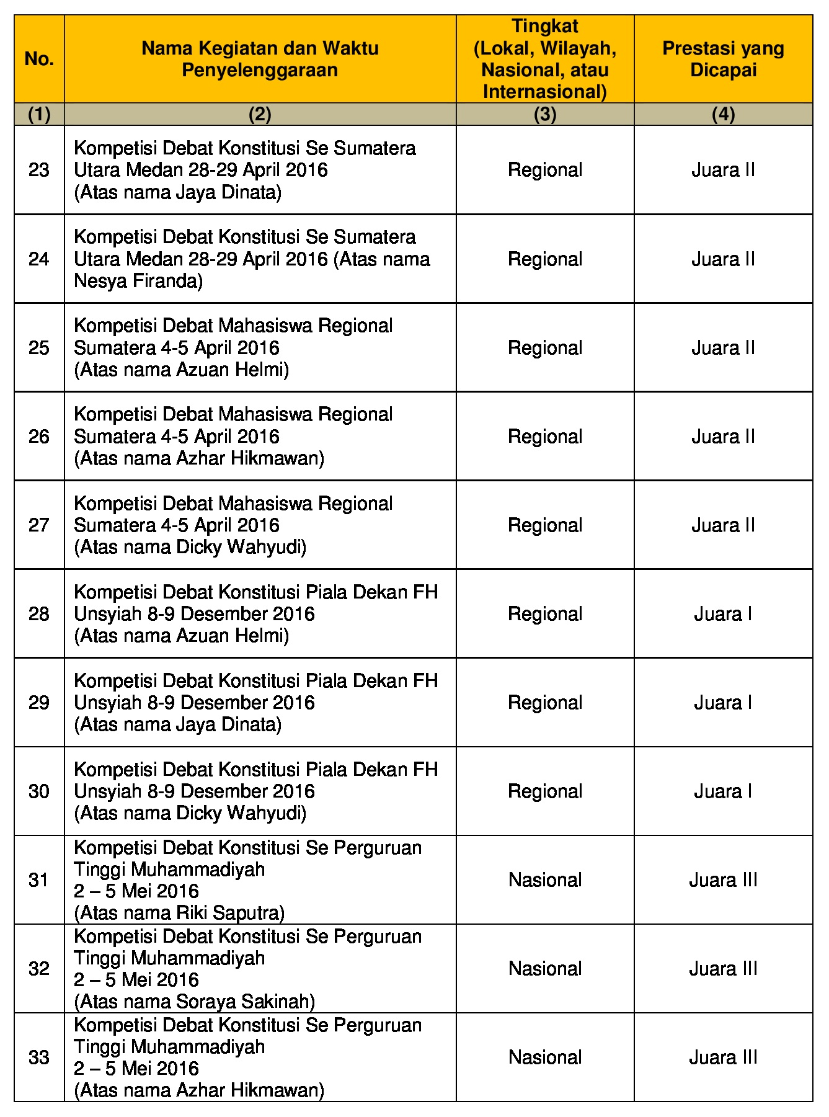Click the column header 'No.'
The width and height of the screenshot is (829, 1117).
tap(39, 59)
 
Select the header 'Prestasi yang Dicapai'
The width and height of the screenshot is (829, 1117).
tap(723, 59)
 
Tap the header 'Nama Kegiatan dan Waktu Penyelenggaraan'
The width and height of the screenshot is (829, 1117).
tap(260, 59)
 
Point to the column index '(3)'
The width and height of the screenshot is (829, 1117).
tap(545, 114)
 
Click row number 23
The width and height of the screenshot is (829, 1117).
tap(39, 170)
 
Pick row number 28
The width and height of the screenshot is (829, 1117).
tap(39, 614)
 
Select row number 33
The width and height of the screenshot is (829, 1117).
tap(39, 1057)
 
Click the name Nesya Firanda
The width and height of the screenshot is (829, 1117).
tap(138, 281)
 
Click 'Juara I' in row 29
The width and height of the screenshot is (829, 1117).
tap(723, 703)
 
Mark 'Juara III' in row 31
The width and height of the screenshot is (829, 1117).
tap(723, 880)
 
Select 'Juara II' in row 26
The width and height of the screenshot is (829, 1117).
tap(723, 437)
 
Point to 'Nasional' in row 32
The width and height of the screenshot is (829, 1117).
tap(545, 969)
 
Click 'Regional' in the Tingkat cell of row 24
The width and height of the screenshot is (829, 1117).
tap(545, 259)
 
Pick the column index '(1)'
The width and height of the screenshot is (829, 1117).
tap(39, 114)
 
